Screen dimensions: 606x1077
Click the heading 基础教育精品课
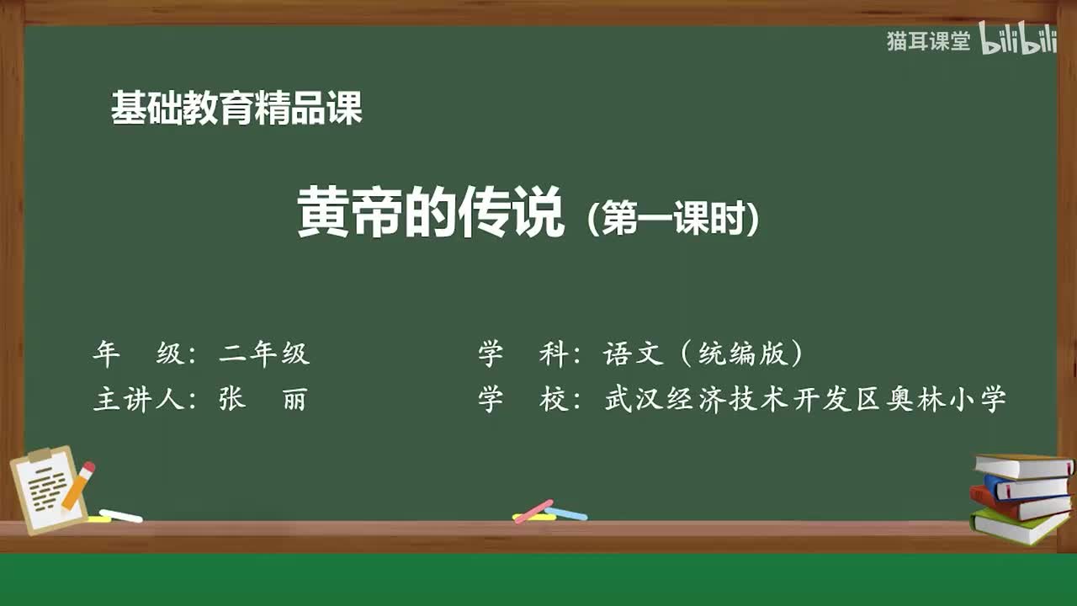coord(236,109)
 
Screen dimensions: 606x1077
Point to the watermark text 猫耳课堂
coord(928,41)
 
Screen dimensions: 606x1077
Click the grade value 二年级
coord(264,354)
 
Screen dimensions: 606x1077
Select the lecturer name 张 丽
coord(263,399)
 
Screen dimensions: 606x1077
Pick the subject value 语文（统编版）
coord(703,354)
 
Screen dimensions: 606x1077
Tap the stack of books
coord(1021,497)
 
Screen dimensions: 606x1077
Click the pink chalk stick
coord(533,510)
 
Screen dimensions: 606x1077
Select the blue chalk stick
coord(567,513)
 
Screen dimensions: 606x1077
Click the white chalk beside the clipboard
coord(121,515)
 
